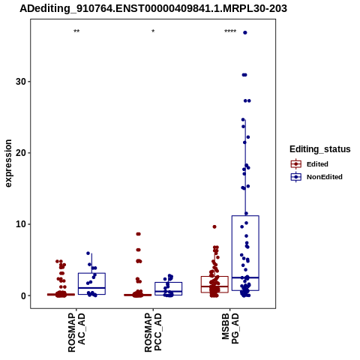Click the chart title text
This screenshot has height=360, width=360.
(x=153, y=8)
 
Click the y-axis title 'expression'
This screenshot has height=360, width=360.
(x=8, y=163)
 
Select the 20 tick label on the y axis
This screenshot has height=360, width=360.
(x=21, y=153)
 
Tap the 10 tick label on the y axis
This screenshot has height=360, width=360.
(x=21, y=224)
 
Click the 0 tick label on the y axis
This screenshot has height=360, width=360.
(x=23, y=295)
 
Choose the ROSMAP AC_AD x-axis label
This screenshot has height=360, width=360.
(x=76, y=333)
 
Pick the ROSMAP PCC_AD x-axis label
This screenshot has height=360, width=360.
(x=153, y=333)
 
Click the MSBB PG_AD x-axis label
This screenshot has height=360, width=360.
(x=230, y=328)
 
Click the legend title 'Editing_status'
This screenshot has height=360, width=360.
(x=320, y=149)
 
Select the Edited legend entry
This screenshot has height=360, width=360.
(x=310, y=164)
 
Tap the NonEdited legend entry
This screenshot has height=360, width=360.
(x=316, y=177)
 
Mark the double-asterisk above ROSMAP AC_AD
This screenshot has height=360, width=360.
(x=76, y=31)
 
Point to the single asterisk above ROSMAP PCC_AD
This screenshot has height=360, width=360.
(x=153, y=31)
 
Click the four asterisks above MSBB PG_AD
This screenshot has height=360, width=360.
(x=230, y=31)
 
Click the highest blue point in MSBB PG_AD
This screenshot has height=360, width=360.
(x=245, y=32)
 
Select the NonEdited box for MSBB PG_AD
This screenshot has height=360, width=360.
(x=245, y=253)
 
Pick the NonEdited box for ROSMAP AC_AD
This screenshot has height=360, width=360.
(x=91, y=283)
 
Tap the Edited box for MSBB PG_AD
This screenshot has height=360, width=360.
(x=214, y=284)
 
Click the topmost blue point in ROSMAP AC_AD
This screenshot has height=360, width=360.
(x=88, y=253)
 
